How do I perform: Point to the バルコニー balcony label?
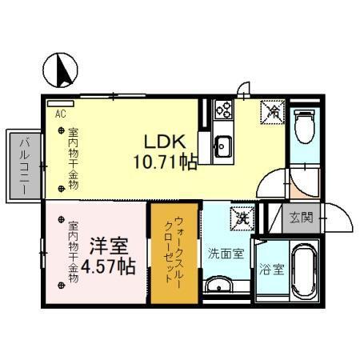click(x=23, y=164)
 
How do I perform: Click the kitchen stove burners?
click(x=222, y=110)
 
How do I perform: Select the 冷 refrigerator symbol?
click(x=272, y=113)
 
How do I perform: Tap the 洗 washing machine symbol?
click(x=239, y=216)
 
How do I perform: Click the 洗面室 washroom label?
click(x=226, y=254)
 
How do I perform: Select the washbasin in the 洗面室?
click(x=217, y=286)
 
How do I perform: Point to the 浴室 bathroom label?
click(x=271, y=270)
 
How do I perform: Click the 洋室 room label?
click(x=106, y=245)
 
